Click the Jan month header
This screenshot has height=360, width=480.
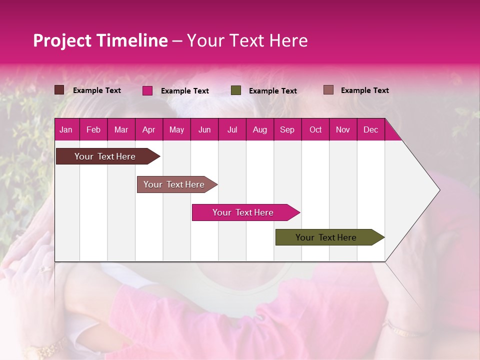(66, 129)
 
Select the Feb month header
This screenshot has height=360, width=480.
(93, 129)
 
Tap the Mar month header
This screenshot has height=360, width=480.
(121, 129)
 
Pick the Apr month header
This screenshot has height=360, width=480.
(148, 129)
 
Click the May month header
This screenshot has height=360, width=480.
(176, 129)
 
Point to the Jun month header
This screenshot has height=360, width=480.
(204, 129)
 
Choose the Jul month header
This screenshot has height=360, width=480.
(232, 129)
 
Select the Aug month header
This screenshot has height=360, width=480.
(259, 129)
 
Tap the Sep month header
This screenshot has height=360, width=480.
(287, 129)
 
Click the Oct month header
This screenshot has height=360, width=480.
(315, 129)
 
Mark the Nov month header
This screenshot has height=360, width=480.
(343, 129)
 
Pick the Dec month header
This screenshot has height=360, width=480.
(370, 129)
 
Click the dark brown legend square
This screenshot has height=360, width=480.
(59, 90)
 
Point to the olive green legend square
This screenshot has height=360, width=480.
(236, 90)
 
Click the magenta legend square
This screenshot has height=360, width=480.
(147, 90)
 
